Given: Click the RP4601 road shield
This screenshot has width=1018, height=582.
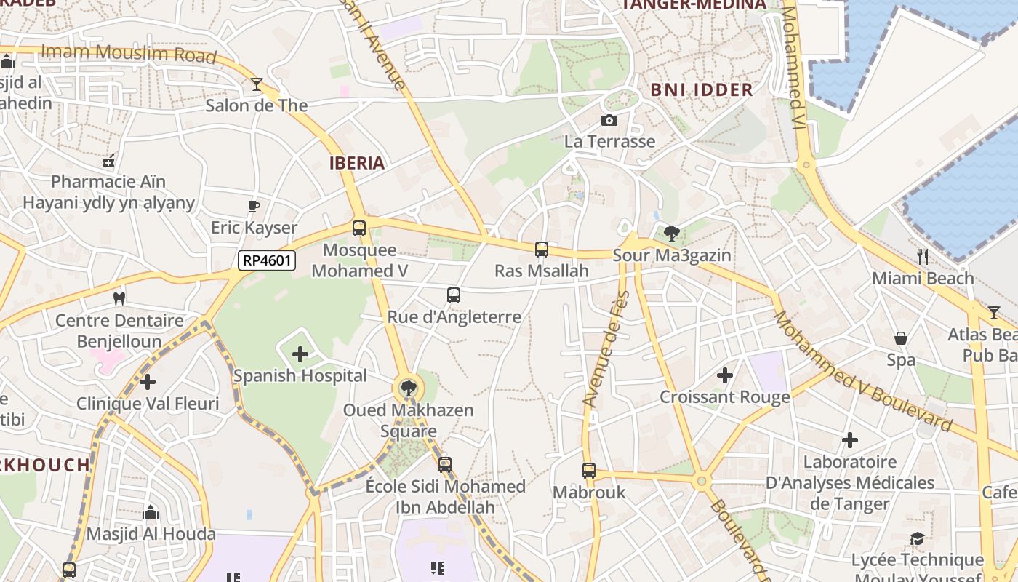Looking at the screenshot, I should (267, 260).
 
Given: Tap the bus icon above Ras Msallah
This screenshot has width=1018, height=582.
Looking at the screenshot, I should (542, 250).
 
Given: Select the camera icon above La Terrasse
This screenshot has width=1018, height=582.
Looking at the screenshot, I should (609, 120).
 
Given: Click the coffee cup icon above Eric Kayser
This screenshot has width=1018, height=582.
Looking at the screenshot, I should (254, 206).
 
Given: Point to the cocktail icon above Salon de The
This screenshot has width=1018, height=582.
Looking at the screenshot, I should (256, 84).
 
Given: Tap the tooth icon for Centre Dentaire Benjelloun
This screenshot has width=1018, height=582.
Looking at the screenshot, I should (119, 298).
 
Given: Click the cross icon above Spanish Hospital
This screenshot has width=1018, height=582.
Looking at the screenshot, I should (300, 354).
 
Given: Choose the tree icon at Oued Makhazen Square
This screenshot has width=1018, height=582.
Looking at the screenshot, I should (409, 388).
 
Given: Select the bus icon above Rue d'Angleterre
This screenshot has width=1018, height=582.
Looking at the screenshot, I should (454, 295).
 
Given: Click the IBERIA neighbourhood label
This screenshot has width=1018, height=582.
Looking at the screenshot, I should (356, 163).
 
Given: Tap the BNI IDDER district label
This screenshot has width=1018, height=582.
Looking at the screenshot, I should (701, 90).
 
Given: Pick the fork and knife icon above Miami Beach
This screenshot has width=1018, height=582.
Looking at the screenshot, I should (923, 256).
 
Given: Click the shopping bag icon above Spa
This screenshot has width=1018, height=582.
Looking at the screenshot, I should (901, 338).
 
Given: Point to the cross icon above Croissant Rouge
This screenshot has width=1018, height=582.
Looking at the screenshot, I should (724, 375).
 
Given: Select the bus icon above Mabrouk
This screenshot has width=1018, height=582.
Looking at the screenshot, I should (589, 471).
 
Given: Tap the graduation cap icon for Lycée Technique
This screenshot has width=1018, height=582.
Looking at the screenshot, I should (917, 538).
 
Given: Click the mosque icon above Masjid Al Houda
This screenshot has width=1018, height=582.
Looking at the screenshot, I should (151, 512).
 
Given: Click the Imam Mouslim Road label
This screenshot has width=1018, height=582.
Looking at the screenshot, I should (129, 54).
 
